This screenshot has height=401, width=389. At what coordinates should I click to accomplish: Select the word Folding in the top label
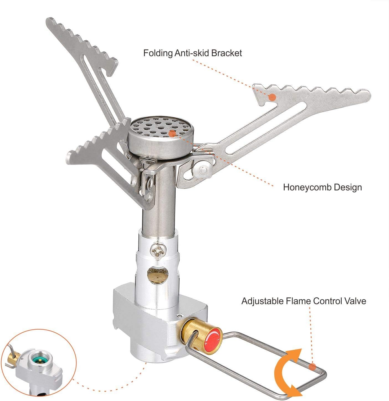click(158, 53)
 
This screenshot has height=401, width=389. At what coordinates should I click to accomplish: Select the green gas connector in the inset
click(39, 359)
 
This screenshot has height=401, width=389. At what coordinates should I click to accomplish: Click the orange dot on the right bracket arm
click(272, 97)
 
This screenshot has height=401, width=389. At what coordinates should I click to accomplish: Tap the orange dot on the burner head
click(172, 133)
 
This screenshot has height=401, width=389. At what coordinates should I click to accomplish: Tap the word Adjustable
click(262, 301)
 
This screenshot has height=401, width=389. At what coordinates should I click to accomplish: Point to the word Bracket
click(226, 53)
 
